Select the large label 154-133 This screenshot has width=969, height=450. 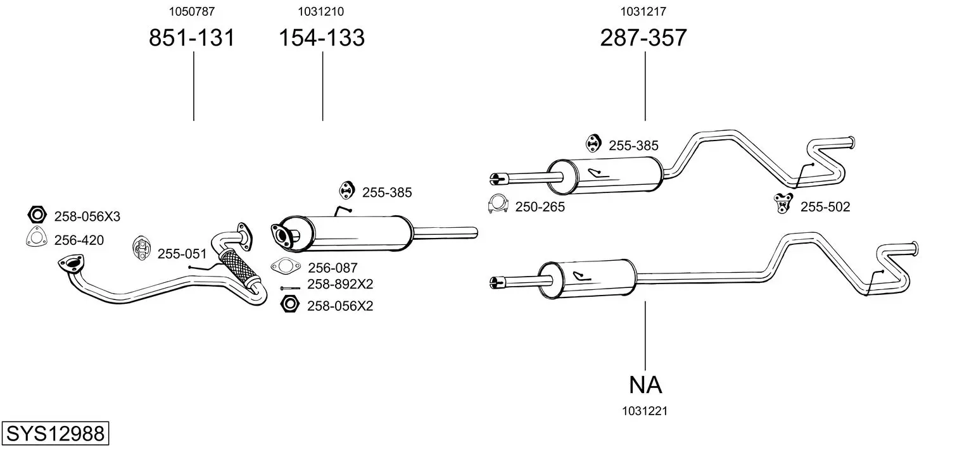(322, 38)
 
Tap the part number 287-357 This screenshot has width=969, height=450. (643, 38)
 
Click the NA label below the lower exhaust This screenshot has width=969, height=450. (645, 384)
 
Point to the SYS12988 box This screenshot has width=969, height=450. (55, 434)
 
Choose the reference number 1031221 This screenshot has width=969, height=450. (645, 411)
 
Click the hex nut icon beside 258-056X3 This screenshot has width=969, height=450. (37, 215)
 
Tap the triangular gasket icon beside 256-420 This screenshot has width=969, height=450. (36, 238)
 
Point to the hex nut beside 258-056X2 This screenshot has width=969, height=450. (289, 304)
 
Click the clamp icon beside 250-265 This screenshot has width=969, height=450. (499, 203)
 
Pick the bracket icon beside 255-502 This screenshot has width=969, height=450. (783, 204)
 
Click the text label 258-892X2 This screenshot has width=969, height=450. (340, 284)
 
